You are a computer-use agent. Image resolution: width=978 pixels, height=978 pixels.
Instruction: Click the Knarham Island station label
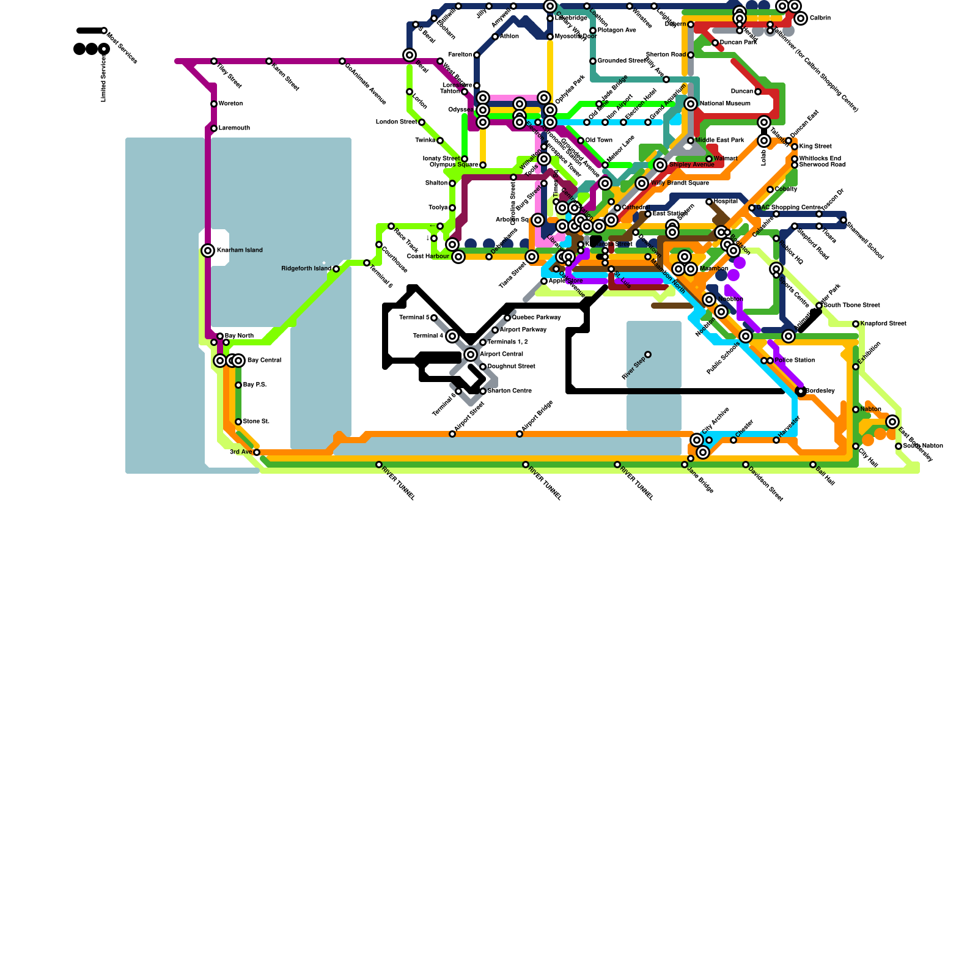pyautogui.click(x=240, y=251)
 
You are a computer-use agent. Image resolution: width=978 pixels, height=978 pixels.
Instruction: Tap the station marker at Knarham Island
pyautogui.click(x=208, y=251)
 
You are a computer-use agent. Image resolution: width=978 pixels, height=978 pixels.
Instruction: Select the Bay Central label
pyautogui.click(x=264, y=361)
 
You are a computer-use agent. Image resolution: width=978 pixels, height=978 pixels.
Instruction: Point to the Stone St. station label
pyautogui.click(x=256, y=422)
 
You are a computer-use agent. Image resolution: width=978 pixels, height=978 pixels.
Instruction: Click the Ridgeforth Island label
pyautogui.click(x=306, y=269)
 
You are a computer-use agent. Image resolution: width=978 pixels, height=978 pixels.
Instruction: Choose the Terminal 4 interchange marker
pyautogui.click(x=452, y=336)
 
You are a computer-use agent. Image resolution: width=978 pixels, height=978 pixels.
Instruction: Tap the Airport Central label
pyautogui.click(x=501, y=355)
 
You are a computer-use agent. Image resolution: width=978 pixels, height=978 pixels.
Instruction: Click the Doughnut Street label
pyautogui.click(x=511, y=367)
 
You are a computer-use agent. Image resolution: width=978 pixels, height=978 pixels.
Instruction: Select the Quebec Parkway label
pyautogui.click(x=536, y=318)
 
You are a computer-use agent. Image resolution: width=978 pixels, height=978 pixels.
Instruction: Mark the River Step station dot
pyautogui.click(x=648, y=355)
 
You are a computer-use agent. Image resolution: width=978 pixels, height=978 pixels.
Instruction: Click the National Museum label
pyautogui.click(x=725, y=104)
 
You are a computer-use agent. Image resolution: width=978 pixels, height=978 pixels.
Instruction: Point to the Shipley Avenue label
pyautogui.click(x=691, y=165)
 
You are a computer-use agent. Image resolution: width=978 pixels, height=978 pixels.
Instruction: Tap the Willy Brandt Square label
pyautogui.click(x=680, y=183)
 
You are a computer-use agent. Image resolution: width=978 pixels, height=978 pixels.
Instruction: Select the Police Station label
pyautogui.click(x=795, y=361)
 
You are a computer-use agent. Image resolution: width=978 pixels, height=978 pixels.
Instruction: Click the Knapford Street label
pyautogui.click(x=883, y=324)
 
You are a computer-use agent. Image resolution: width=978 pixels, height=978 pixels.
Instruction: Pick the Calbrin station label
pyautogui.click(x=820, y=18)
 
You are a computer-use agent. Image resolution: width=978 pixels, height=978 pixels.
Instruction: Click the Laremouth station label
pyautogui.click(x=234, y=128)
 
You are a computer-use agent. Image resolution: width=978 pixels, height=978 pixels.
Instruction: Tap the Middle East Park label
pyautogui.click(x=719, y=141)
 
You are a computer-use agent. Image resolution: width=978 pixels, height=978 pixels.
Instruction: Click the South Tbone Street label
pyautogui.click(x=851, y=306)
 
